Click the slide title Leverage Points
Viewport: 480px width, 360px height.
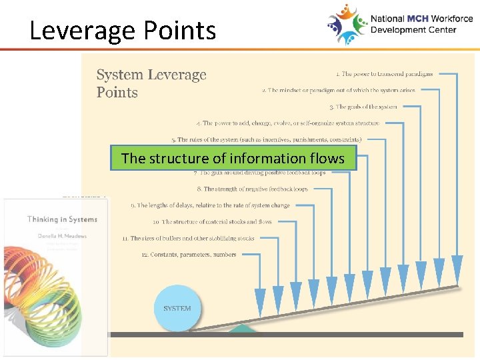[123, 31]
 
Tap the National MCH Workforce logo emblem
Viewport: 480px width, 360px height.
[347, 24]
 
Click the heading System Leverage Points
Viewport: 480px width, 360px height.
[151, 83]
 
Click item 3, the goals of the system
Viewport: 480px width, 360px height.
[363, 107]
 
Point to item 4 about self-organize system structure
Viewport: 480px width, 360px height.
[288, 123]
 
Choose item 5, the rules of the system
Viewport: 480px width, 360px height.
[266, 140]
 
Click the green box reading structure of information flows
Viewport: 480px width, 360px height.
[233, 159]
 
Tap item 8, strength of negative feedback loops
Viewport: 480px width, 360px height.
[255, 189]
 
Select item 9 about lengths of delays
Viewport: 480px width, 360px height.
[209, 205]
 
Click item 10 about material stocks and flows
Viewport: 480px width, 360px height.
[211, 221]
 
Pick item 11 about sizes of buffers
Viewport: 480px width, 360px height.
[187, 238]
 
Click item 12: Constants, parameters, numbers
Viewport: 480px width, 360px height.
[189, 255]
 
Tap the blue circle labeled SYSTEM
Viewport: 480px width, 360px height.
[177, 308]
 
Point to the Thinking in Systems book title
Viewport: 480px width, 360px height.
[62, 219]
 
